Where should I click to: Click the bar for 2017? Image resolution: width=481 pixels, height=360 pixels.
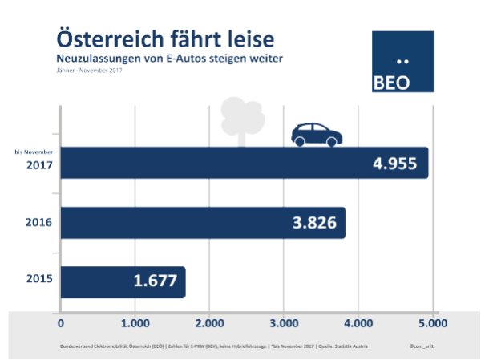tap(240, 163)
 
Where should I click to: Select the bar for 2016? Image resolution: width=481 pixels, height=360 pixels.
tap(200, 222)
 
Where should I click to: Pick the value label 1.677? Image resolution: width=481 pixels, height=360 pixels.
tap(156, 281)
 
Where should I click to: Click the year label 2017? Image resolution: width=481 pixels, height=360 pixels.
tap(39, 166)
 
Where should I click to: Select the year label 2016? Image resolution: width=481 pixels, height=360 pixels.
tap(39, 221)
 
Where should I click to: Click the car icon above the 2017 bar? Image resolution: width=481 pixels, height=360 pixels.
tap(316, 135)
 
